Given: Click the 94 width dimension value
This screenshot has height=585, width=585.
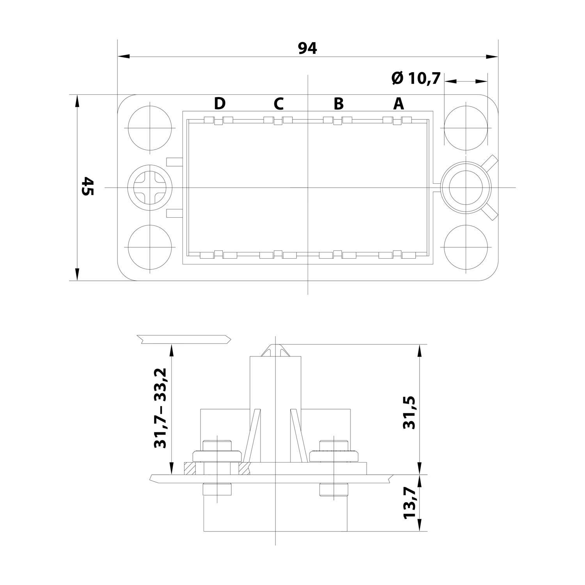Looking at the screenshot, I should pos(308,48).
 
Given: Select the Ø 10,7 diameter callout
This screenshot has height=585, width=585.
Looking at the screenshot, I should pos(416,78).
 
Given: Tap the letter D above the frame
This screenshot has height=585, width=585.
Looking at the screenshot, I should pos(220,104).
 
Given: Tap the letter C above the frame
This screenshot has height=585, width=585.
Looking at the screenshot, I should pos(278,104).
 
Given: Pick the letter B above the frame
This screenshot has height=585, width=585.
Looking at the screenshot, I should pos(339,104).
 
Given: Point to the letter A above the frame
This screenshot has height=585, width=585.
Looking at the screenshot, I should pos(399,104).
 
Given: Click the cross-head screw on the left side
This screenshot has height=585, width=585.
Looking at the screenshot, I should pos(150,188).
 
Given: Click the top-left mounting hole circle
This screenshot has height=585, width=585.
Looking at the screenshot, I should pos(150,128).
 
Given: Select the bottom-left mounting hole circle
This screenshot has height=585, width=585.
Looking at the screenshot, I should pos(150,248).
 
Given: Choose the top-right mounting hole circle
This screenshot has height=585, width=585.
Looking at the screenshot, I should pos(466,128).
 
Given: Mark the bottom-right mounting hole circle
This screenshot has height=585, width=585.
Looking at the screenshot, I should pos(466,248).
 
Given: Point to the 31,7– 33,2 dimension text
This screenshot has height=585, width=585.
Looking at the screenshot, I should pos(160,408).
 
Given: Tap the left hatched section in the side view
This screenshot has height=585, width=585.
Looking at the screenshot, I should pos(190,468).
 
